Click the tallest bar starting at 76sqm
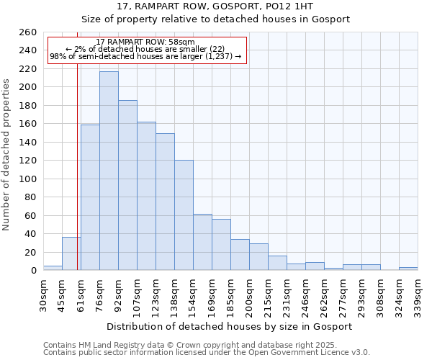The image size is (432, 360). coord(109,171)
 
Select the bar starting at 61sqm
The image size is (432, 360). coord(90,197)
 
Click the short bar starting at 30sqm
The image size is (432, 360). coord(53,268)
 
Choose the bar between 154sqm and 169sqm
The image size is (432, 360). coord(202,242)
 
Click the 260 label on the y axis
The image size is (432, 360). coord(29,32)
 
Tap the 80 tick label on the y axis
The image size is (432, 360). coord(32,197)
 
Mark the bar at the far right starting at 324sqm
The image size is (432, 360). coord(408,269)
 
